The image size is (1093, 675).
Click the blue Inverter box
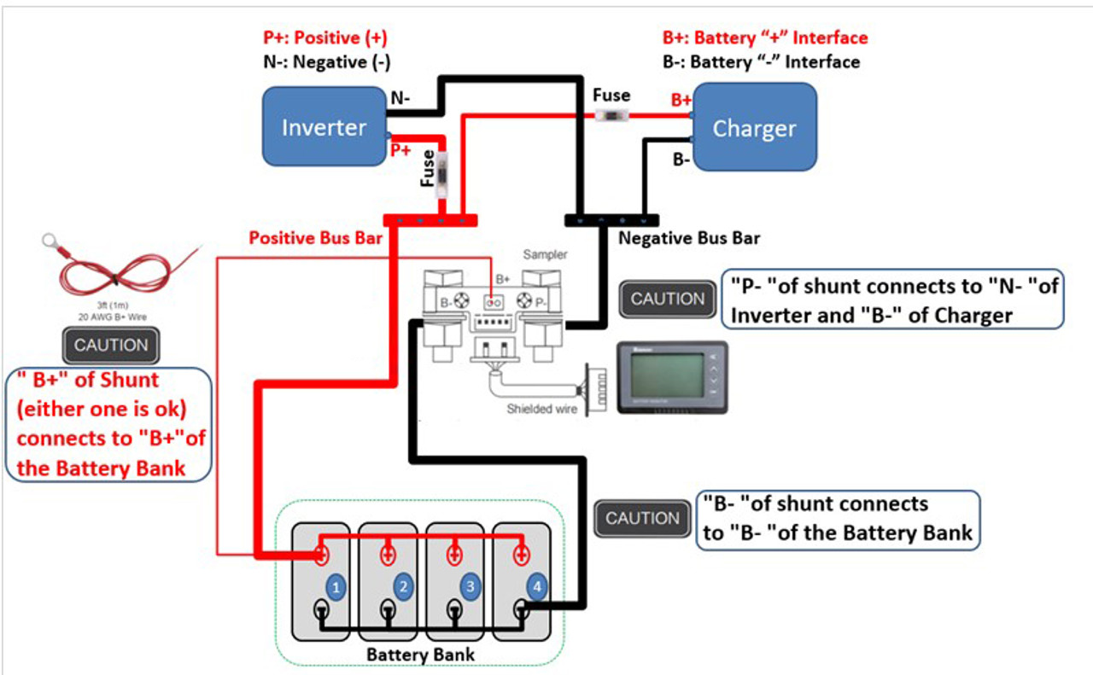pyautogui.click(x=324, y=127)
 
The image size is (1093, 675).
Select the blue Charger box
pyautogui.click(x=754, y=128)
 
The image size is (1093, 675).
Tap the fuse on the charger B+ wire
pyautogui.click(x=612, y=116)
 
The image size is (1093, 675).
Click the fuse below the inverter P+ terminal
pyautogui.click(x=442, y=177)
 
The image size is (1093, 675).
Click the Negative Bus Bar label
pyautogui.click(x=688, y=238)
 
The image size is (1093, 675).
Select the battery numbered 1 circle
pyautogui.click(x=336, y=587)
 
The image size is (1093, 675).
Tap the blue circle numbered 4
pyautogui.click(x=536, y=586)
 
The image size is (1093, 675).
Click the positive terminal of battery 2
pyautogui.click(x=387, y=555)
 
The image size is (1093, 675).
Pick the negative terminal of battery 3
pyautogui.click(x=453, y=611)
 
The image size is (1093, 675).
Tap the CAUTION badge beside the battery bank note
pyautogui.click(x=642, y=518)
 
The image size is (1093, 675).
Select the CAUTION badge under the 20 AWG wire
pyautogui.click(x=111, y=346)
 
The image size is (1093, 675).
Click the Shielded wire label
pyautogui.click(x=541, y=409)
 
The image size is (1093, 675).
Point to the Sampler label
pyautogui.click(x=546, y=255)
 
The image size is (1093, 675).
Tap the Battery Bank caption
pyautogui.click(x=420, y=655)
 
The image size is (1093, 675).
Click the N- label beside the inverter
pyautogui.click(x=400, y=98)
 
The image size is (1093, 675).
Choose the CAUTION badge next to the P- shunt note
pyautogui.click(x=668, y=300)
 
